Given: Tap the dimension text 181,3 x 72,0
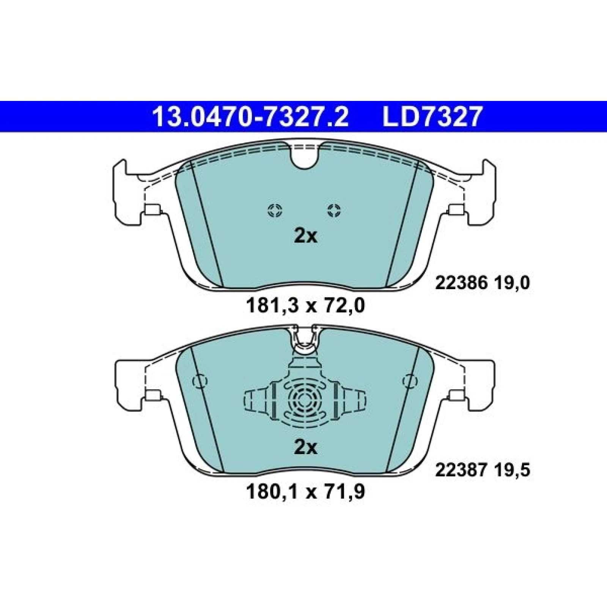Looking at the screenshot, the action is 305,305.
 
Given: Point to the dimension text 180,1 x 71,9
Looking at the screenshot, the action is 305,492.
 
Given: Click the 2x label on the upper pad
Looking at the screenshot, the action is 305,237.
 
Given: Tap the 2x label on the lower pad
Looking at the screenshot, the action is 305,448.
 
